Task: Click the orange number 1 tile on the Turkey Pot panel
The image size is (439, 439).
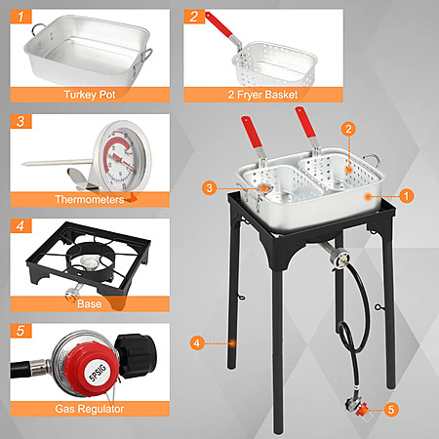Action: (x=20, y=17)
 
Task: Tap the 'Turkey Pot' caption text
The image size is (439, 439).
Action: (x=90, y=95)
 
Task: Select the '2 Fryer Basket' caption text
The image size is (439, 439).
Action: (x=262, y=95)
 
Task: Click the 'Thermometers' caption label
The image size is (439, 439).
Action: (x=90, y=199)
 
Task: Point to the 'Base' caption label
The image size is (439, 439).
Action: (x=90, y=304)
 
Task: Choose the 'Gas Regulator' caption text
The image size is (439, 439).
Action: (x=90, y=409)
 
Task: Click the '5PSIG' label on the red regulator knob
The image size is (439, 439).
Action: (x=98, y=373)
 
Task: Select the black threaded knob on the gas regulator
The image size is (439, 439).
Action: (x=136, y=356)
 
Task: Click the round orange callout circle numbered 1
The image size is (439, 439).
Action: (x=406, y=196)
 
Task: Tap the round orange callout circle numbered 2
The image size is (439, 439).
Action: (x=348, y=129)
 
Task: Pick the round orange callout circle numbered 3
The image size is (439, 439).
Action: (x=210, y=188)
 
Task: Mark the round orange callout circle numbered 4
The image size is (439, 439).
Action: (x=197, y=343)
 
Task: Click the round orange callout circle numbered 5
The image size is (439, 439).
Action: (x=391, y=410)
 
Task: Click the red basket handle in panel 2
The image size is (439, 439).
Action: (x=219, y=24)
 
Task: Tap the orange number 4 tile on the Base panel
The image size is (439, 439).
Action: (x=20, y=225)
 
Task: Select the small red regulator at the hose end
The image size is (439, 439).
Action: (x=361, y=410)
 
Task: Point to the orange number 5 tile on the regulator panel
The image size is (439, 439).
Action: (x=20, y=331)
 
